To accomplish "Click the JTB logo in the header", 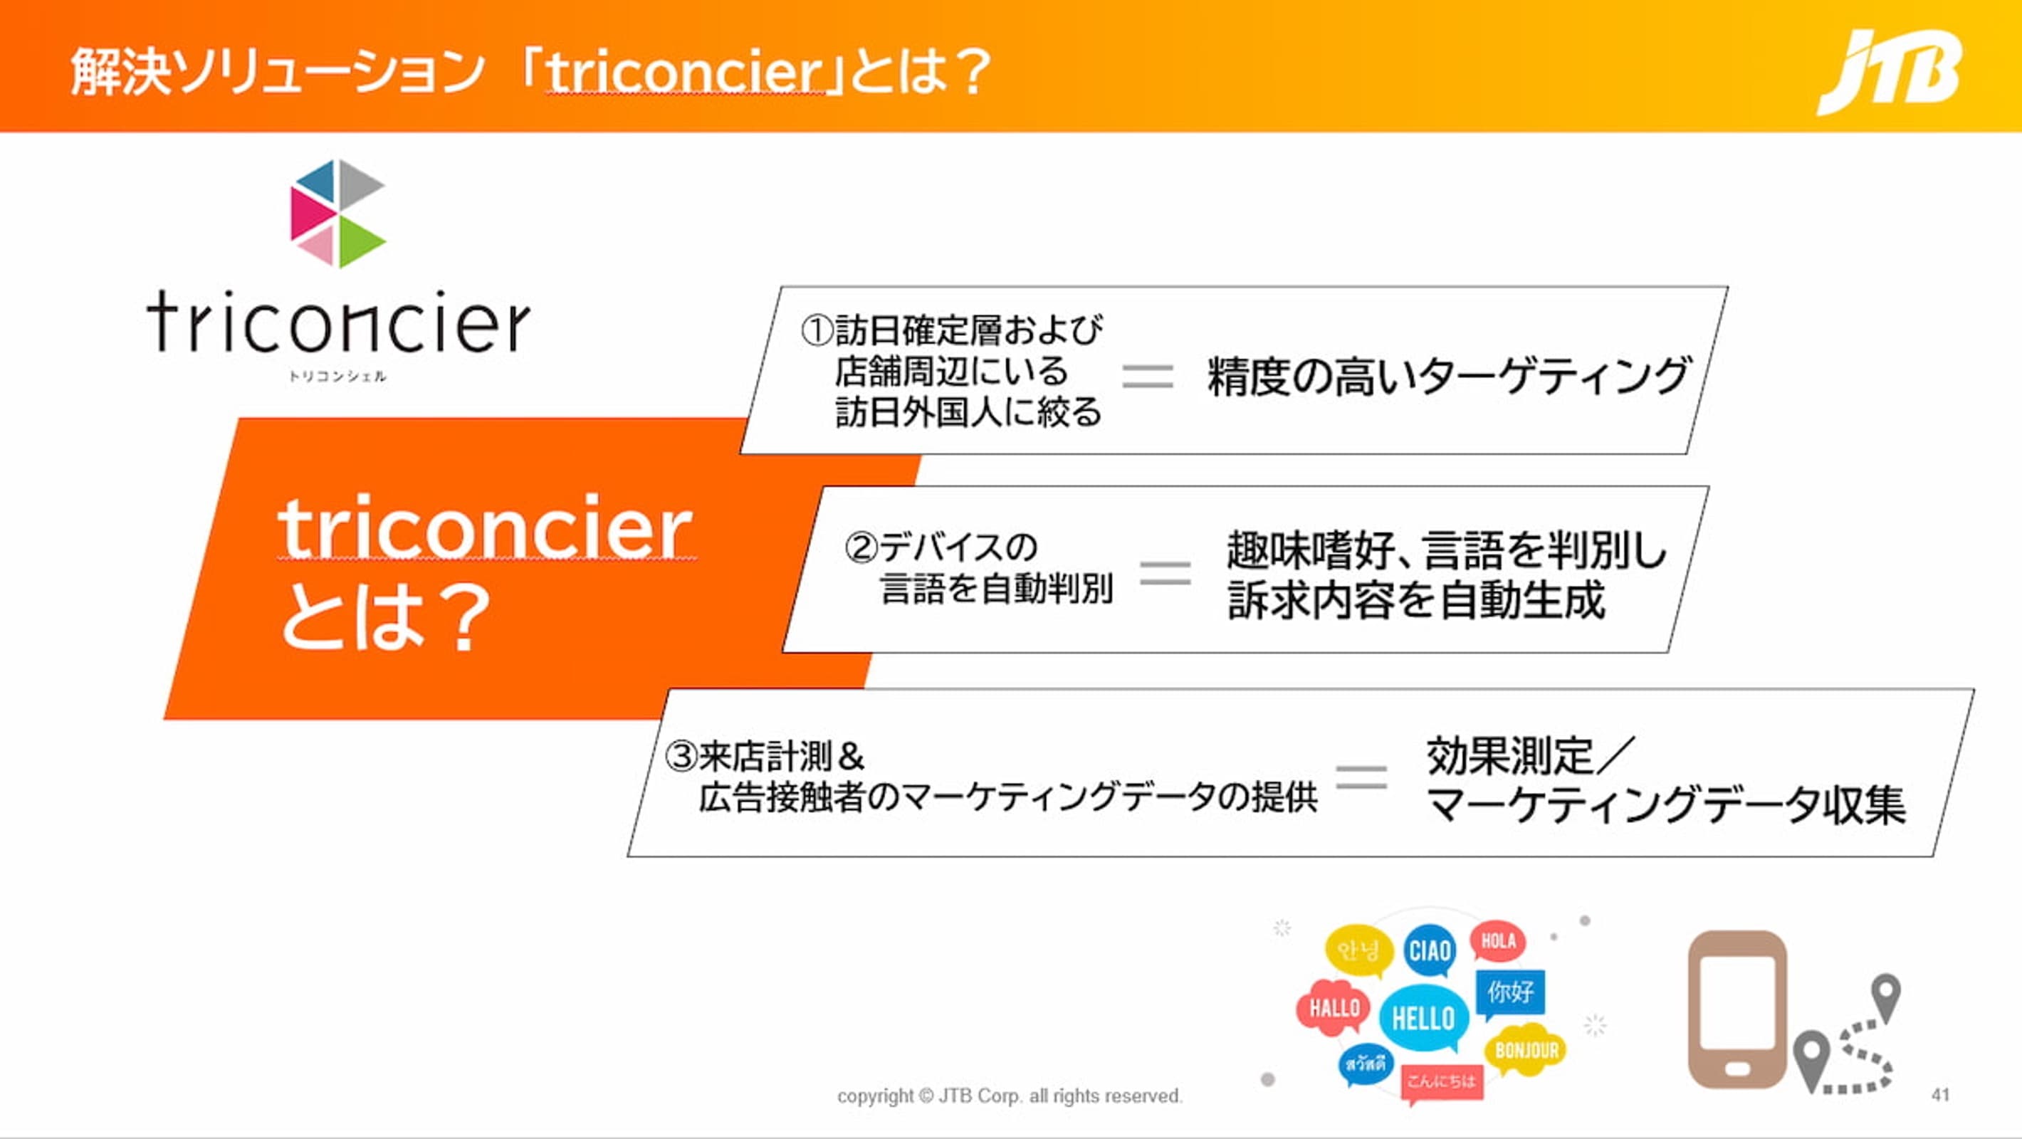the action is (1890, 72).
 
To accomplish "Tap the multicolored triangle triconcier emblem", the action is (337, 214).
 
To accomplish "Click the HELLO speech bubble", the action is (1423, 1018).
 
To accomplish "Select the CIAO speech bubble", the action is (1430, 950).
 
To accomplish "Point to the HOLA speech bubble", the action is (1498, 941).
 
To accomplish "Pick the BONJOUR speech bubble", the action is (1526, 1050).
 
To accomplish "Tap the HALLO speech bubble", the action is (1334, 1007).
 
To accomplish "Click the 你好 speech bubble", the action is (1510, 993).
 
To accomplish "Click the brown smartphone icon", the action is (1737, 1009).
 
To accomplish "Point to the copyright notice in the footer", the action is (1010, 1096).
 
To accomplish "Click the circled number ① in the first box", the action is (817, 330).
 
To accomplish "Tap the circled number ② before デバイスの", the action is (861, 547).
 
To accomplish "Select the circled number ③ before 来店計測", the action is (681, 757).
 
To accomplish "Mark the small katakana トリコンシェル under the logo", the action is (337, 377).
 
